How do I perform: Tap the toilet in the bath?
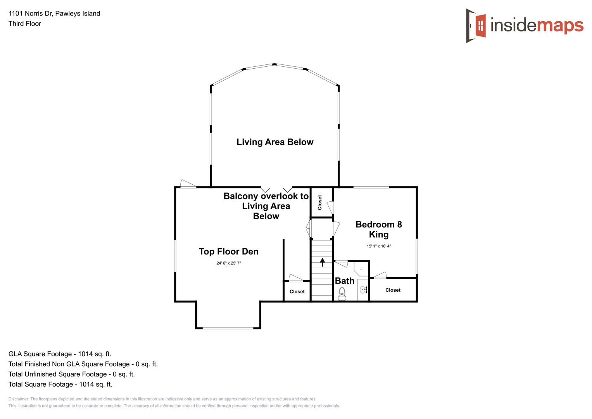(x=342, y=293)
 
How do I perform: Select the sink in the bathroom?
(x=363, y=289)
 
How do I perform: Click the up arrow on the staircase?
(x=322, y=262)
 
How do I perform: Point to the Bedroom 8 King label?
(x=378, y=229)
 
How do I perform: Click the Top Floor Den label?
(x=228, y=251)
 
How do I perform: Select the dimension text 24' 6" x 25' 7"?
(x=228, y=263)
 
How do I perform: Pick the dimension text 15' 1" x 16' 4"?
(x=378, y=246)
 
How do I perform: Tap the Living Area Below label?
(x=275, y=142)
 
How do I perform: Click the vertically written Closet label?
(x=320, y=203)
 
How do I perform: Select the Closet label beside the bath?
(x=393, y=290)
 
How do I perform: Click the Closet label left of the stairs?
(x=297, y=292)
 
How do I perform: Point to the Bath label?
(x=344, y=281)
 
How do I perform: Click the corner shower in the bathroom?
(x=361, y=268)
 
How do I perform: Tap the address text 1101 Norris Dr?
(x=54, y=14)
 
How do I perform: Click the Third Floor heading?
(x=25, y=24)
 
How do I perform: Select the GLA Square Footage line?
(x=60, y=354)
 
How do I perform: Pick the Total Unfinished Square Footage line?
(x=71, y=374)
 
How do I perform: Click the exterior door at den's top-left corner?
(x=188, y=184)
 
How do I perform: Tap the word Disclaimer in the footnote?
(x=19, y=399)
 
